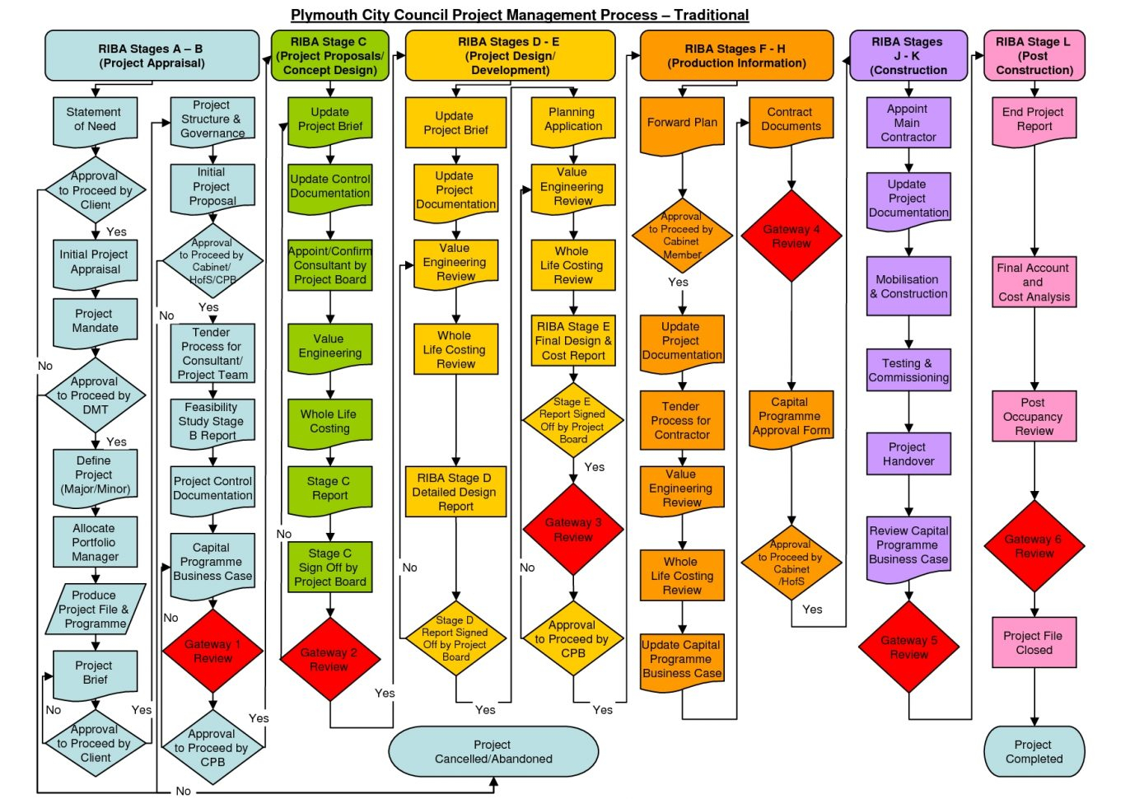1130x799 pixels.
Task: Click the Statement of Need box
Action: tap(95, 119)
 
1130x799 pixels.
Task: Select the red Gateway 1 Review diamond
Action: tap(212, 652)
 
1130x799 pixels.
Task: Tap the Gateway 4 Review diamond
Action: tap(791, 236)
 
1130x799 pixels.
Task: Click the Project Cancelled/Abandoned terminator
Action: tap(493, 751)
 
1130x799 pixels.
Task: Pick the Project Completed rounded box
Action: tap(1034, 751)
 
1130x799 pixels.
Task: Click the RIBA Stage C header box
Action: tap(329, 56)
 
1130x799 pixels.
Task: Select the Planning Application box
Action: tap(573, 120)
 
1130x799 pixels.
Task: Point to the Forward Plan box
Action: tap(682, 124)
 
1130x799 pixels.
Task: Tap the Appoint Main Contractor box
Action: tap(908, 123)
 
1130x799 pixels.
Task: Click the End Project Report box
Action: tap(1034, 119)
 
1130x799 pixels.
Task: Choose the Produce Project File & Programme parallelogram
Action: tap(95, 609)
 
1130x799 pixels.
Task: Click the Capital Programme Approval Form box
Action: tap(791, 417)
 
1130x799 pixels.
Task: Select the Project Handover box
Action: tap(908, 454)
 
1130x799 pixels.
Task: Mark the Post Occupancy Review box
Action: tap(1034, 417)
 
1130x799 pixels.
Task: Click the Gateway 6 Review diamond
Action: tap(1034, 545)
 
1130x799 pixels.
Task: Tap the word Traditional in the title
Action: tap(711, 15)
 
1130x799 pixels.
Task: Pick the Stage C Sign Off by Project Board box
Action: tap(329, 568)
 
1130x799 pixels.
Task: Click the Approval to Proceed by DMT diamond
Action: tap(95, 395)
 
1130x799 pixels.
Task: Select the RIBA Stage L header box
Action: tap(1034, 56)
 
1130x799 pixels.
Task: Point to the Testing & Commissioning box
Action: tap(908, 370)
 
